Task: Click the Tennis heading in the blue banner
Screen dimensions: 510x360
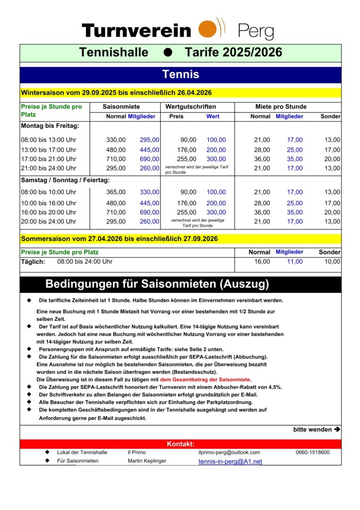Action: coord(180,74)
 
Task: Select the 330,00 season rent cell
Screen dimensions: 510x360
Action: coord(116,140)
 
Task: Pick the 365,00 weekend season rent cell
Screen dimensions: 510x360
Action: coord(116,192)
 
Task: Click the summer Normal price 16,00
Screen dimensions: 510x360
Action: coord(262,262)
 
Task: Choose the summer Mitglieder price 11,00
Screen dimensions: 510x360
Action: coord(295,262)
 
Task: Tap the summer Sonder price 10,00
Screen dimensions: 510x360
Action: coord(332,262)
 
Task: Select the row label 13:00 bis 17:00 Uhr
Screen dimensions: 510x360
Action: coord(49,150)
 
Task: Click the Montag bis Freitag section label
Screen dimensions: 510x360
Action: coord(50,126)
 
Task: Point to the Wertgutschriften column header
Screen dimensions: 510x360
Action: coord(191,107)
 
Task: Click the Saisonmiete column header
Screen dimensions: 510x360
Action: coord(121,107)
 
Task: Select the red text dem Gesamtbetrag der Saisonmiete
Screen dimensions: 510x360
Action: coord(205,380)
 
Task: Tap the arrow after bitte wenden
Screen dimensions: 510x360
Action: coord(337,430)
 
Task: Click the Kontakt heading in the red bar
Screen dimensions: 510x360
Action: coord(180,444)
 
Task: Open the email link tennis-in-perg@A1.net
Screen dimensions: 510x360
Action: coord(230,461)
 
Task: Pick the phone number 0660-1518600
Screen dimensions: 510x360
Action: coord(312,452)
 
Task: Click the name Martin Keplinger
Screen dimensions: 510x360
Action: coord(147,461)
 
